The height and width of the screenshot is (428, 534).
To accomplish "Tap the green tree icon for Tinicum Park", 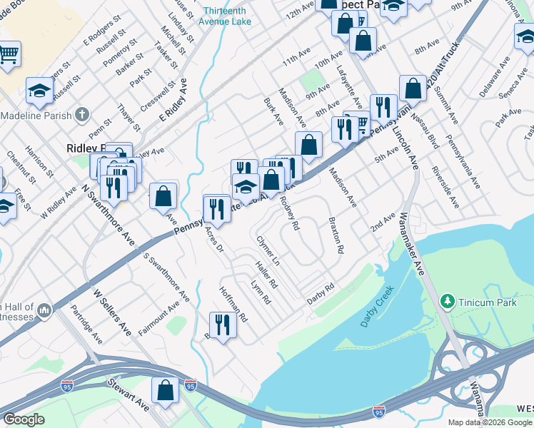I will [448, 302].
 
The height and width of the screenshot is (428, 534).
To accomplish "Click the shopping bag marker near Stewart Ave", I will [166, 391].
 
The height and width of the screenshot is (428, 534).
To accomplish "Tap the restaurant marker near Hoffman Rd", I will [223, 325].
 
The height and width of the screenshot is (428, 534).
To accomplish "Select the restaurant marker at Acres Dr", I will [216, 208].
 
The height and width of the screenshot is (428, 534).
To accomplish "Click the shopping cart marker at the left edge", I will [9, 54].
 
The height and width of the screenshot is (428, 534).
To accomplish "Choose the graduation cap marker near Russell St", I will [40, 91].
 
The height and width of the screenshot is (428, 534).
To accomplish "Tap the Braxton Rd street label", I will [336, 236].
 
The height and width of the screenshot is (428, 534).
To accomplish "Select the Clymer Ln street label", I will [268, 252].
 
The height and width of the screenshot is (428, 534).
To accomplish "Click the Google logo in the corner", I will [24, 419].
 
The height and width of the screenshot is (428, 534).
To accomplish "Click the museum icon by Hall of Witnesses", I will [44, 310].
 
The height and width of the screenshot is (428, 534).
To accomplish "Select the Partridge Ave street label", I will [86, 326].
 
